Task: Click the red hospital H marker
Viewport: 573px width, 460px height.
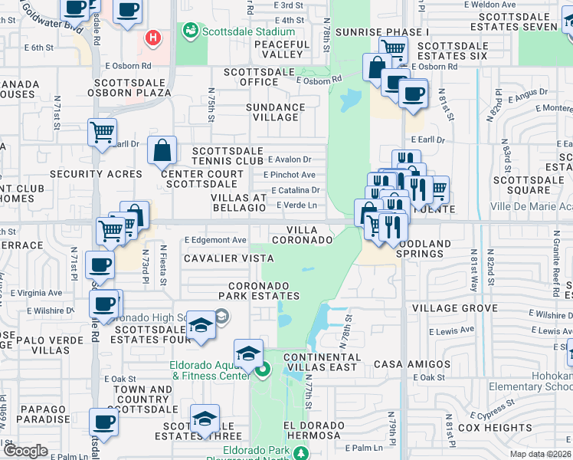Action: tap(153, 36)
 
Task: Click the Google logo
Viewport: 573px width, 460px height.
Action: tap(25, 451)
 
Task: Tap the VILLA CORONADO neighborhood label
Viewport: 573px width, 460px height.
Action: tap(310, 235)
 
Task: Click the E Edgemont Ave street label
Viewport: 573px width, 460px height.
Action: tap(215, 240)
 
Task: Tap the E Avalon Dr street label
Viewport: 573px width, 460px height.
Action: tap(290, 159)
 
